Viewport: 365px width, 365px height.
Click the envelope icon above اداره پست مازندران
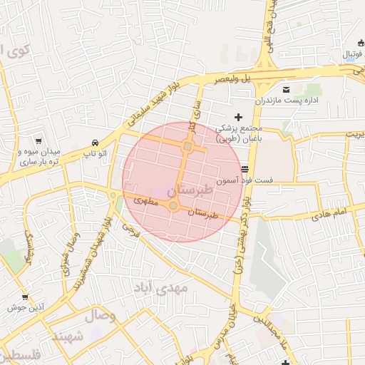pyautogui.click(x=287, y=90)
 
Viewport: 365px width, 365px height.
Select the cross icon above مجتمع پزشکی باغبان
pyautogui.click(x=238, y=116)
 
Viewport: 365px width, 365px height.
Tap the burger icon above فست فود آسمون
pyautogui.click(x=245, y=170)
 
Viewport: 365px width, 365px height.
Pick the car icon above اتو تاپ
pyautogui.click(x=95, y=142)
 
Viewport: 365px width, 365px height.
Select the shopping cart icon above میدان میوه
pyautogui.click(x=37, y=141)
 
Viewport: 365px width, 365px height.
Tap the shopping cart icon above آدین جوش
pyautogui.click(x=25, y=297)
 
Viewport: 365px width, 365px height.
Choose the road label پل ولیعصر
pyautogui.click(x=236, y=76)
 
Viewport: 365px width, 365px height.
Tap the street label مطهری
pyautogui.click(x=147, y=202)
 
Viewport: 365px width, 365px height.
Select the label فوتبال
pyautogui.click(x=352, y=54)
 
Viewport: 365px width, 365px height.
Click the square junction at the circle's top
pyautogui.click(x=187, y=146)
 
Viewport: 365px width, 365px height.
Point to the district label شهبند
pyautogui.click(x=68, y=336)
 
